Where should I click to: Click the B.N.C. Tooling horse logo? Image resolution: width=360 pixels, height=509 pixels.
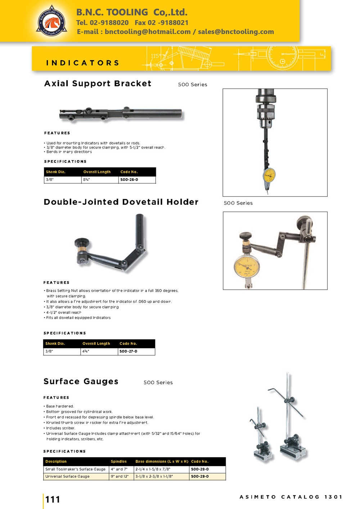coord(51,21)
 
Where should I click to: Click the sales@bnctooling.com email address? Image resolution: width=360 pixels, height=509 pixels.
coord(236,32)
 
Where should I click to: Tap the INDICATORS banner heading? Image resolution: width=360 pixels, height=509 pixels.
coord(83,63)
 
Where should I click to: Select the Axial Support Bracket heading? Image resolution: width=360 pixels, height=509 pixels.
coord(98,83)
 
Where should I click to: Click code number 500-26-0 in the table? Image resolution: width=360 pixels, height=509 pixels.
coord(129,179)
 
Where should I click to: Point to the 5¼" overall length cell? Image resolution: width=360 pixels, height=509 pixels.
coord(87,179)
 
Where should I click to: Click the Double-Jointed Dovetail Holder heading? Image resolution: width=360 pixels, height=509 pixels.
coord(121,202)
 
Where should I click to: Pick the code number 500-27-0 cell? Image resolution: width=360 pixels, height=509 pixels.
coord(129,351)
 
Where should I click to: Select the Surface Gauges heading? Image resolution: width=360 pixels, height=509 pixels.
coord(81,381)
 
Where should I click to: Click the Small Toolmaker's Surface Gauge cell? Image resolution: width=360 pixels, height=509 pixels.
coord(76,469)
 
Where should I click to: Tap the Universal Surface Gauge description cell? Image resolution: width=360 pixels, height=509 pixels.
coord(68,476)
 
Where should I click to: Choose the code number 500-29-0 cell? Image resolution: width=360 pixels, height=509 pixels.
coord(200,476)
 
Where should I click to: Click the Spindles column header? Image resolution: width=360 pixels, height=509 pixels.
coord(119,462)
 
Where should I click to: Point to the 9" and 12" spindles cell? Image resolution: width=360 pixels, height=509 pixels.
coord(120,476)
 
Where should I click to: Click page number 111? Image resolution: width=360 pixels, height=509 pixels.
coord(53,499)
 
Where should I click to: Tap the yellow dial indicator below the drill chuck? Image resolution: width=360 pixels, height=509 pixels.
coord(269,175)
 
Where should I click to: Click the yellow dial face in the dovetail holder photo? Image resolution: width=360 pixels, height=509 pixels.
coord(247,266)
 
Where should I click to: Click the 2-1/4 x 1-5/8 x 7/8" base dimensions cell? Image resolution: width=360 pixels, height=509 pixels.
coord(153,469)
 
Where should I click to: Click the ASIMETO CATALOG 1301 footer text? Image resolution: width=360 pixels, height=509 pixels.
coord(291,497)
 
